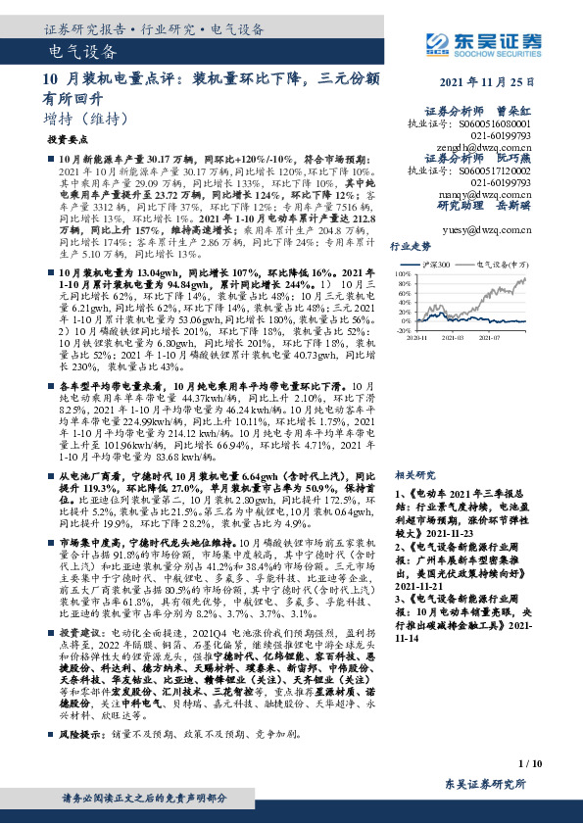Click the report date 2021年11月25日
[x=488, y=83]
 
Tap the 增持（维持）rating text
[x=87, y=119]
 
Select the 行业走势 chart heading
[x=411, y=246]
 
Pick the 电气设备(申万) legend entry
[x=496, y=265]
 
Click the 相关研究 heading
[x=411, y=472]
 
